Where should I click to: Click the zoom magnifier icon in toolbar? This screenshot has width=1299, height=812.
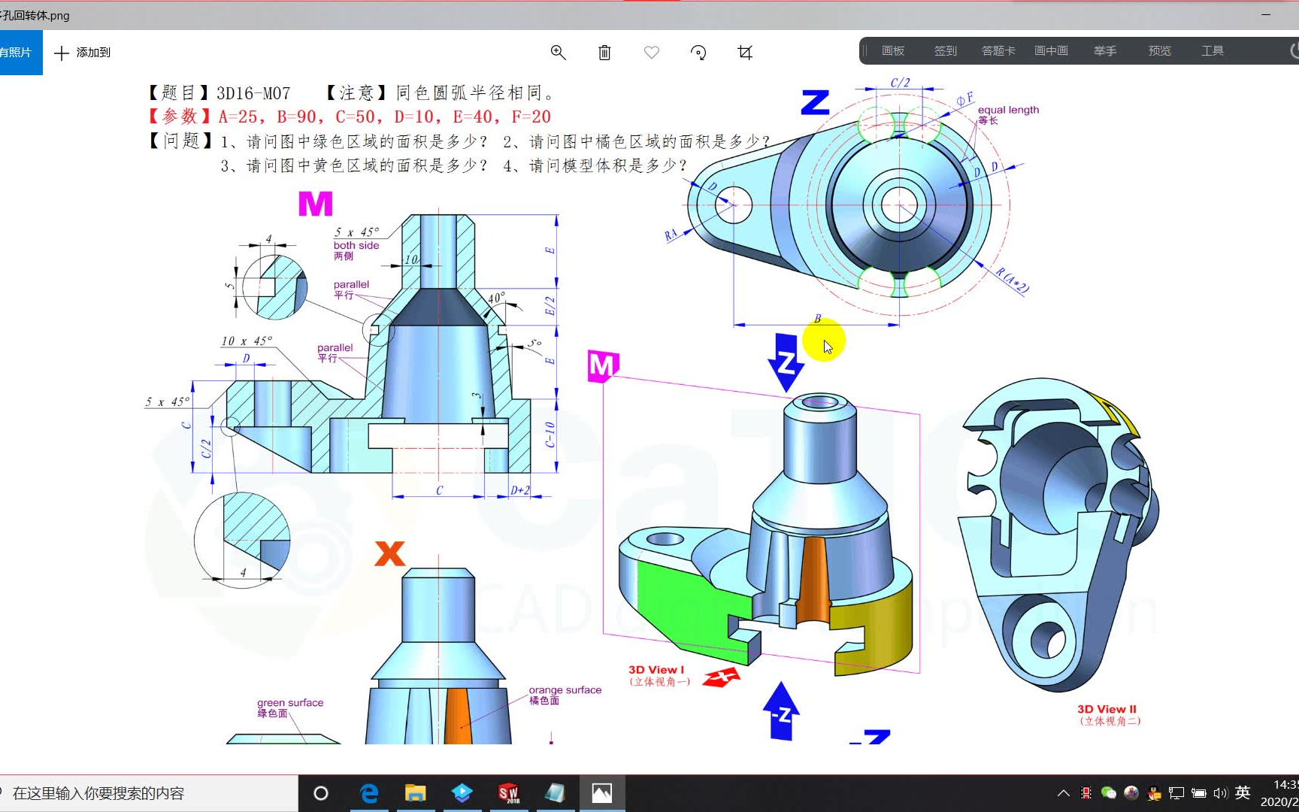558,52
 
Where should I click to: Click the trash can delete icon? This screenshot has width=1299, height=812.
604,52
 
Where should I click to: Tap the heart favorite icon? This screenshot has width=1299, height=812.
652,52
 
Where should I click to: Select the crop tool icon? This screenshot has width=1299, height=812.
745,52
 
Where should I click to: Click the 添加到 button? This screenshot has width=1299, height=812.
83,52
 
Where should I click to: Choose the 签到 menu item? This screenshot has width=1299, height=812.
945,50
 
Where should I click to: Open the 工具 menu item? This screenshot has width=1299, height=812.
1212,50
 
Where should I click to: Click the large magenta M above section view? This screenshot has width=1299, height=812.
315,204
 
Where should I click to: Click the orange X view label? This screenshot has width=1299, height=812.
389,554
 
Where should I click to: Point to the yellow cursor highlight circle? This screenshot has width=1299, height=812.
823,341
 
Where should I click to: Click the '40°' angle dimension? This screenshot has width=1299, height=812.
496,298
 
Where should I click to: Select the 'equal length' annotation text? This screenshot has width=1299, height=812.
1008,110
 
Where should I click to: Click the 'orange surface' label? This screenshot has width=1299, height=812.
565,690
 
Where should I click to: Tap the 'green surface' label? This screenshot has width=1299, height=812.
290,703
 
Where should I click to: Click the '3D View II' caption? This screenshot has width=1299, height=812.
1107,709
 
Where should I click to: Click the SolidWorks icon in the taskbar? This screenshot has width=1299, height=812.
508,793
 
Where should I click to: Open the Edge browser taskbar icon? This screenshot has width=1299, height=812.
369,793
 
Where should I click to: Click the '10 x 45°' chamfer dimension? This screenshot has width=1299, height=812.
246,341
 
